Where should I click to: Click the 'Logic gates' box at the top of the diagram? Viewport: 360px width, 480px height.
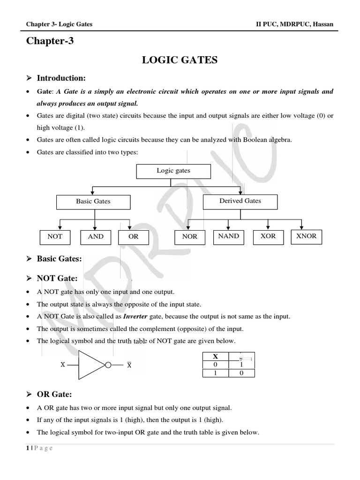pyautogui.click(x=173, y=171)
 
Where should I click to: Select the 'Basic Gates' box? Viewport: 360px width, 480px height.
pyautogui.click(x=93, y=202)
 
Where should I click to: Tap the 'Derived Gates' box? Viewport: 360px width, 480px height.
pyautogui.click(x=240, y=201)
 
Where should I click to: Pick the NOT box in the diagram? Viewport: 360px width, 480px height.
pyautogui.click(x=55, y=237)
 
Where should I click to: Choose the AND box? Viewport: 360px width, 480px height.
pyautogui.click(x=96, y=237)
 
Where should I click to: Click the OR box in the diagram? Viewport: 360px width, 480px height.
pyautogui.click(x=134, y=237)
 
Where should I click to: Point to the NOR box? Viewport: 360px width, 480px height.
pyautogui.click(x=189, y=237)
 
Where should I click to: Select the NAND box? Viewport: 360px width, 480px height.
pyautogui.click(x=228, y=237)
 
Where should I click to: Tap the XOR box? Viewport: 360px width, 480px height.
pyautogui.click(x=268, y=237)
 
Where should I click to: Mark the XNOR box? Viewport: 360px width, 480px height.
pyautogui.click(x=307, y=237)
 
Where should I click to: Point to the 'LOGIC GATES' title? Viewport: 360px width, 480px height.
pyautogui.click(x=180, y=60)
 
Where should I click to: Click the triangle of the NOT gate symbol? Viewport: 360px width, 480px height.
pyautogui.click(x=90, y=364)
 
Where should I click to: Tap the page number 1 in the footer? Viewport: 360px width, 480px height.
pyautogui.click(x=28, y=448)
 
